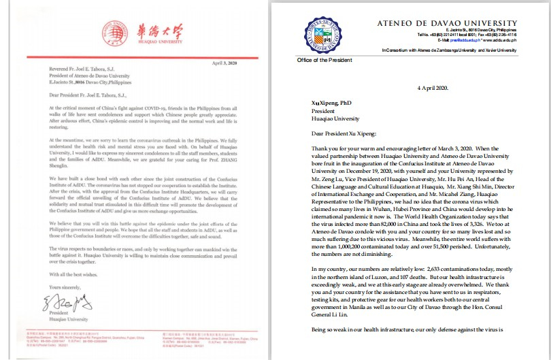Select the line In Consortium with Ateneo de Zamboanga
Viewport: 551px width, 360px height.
[449, 50]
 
